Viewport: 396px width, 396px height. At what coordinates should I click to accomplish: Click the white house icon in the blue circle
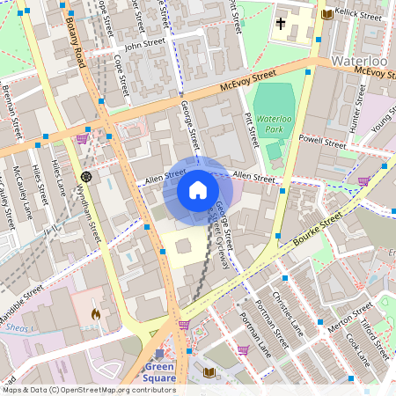(198, 190)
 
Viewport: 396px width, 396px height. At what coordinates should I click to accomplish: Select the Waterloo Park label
(274, 122)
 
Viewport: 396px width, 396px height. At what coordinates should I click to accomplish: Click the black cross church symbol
(282, 24)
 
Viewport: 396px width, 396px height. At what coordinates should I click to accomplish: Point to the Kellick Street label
(360, 14)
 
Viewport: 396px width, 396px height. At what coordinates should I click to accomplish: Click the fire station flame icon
(96, 313)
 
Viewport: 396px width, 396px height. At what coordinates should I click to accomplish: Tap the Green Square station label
(160, 372)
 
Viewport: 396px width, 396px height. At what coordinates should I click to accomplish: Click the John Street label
(145, 44)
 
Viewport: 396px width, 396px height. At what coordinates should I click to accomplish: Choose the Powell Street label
(323, 140)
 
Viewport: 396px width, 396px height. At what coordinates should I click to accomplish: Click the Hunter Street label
(358, 115)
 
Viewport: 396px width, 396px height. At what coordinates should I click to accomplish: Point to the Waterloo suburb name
(361, 62)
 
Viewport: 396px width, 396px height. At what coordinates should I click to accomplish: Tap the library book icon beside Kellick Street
(327, 14)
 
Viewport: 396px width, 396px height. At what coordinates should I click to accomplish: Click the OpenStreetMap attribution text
(88, 389)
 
